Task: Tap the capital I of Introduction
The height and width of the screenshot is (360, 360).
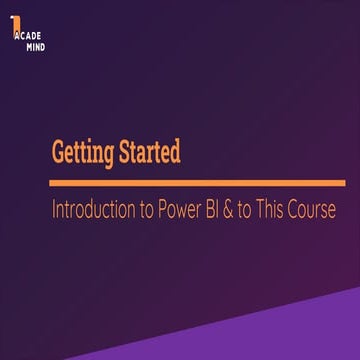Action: (x=55, y=211)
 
